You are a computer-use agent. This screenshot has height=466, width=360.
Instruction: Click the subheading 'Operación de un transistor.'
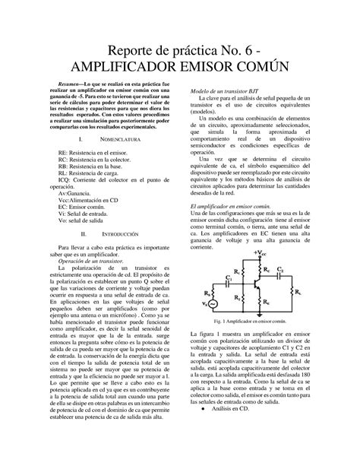(x=90, y=261)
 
